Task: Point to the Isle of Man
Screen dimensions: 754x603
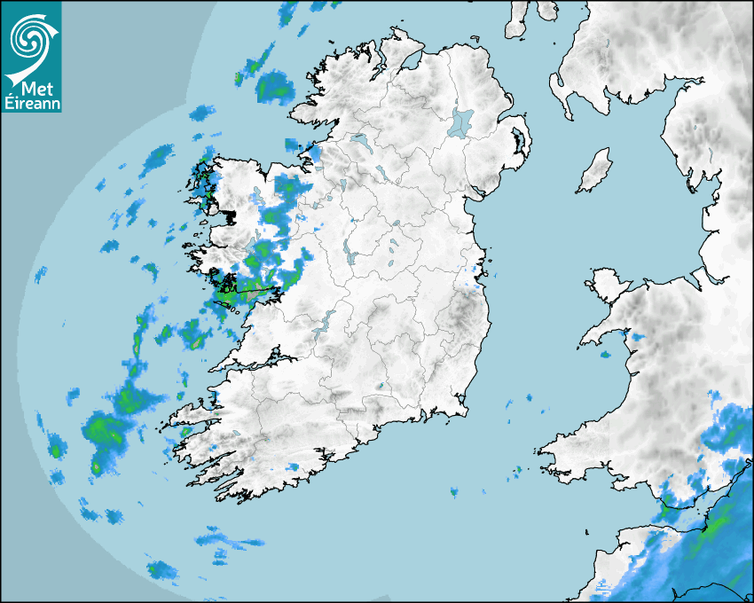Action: click(595, 169)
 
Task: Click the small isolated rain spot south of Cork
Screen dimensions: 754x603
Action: click(454, 491)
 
